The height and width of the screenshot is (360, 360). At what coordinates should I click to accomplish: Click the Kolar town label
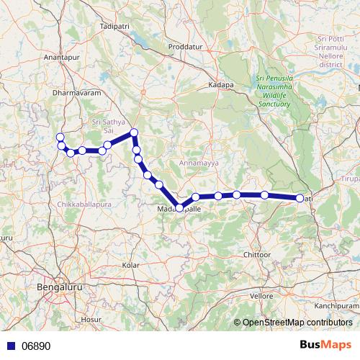click(131, 265)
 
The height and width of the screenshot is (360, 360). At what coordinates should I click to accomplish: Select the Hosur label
click(91, 318)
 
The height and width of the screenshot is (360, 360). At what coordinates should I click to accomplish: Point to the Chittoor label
click(257, 255)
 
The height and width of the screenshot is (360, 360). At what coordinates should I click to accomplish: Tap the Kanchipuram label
click(336, 305)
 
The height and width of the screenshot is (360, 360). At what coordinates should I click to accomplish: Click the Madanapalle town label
click(179, 210)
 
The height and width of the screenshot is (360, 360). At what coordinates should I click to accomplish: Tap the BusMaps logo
click(325, 345)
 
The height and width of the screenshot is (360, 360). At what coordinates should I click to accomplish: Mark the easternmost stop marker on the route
click(300, 198)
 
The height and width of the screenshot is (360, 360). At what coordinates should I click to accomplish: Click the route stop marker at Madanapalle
click(179, 207)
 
